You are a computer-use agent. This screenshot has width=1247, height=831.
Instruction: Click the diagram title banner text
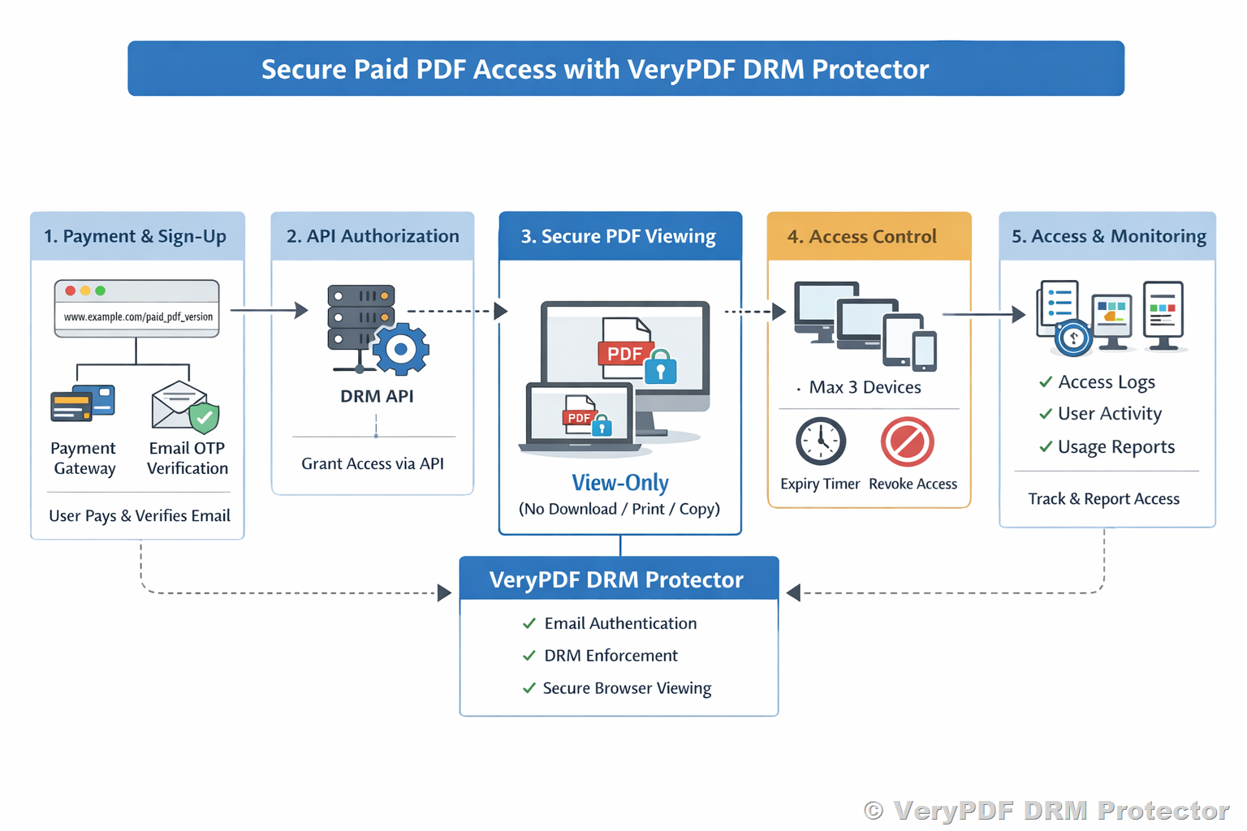(594, 69)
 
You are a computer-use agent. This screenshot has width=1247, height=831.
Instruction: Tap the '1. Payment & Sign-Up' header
(135, 236)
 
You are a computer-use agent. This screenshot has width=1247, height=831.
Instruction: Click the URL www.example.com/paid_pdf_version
(138, 316)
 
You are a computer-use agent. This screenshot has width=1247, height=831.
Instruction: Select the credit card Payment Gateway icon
(83, 403)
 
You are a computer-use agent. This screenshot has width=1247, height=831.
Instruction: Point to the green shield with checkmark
(204, 417)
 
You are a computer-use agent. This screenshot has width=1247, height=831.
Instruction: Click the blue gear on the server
(400, 350)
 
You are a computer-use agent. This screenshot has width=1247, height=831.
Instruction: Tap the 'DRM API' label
(377, 396)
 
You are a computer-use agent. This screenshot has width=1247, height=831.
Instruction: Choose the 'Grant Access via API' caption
(373, 463)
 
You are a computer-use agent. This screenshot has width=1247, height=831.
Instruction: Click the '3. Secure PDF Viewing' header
(619, 236)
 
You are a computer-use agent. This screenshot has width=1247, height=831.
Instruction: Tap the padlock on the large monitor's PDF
(661, 368)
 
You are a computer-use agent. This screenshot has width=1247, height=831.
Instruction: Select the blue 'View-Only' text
(620, 483)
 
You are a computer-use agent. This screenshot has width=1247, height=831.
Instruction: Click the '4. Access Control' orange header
(862, 236)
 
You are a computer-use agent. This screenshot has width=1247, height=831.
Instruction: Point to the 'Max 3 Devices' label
(865, 387)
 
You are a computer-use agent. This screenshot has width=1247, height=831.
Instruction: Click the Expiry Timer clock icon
(821, 442)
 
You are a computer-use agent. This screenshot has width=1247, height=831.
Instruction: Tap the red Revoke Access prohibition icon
(908, 442)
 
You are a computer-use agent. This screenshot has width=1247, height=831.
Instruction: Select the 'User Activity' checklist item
(1109, 414)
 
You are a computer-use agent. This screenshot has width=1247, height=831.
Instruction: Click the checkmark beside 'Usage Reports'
(1046, 446)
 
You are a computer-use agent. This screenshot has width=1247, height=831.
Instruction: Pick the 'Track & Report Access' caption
(1103, 499)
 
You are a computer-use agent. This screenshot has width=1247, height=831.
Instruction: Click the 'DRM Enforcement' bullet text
(611, 656)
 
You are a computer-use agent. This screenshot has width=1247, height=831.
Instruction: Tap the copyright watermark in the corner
(1046, 810)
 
